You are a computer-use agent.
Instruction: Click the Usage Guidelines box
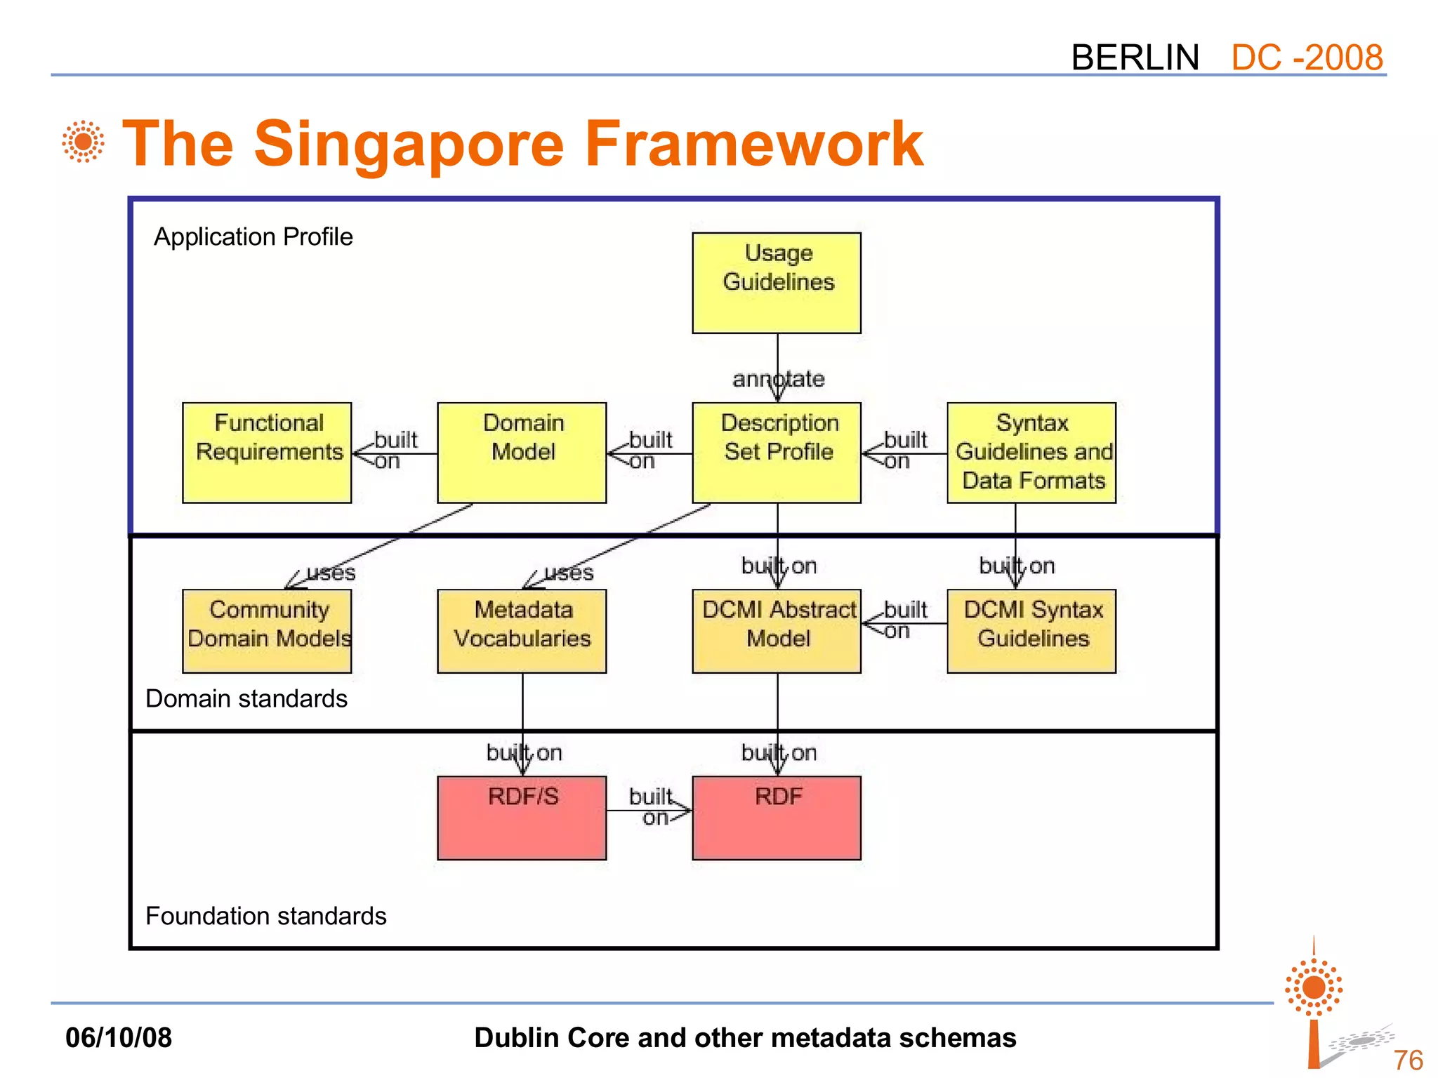(x=777, y=283)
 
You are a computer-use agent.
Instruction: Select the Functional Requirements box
(x=267, y=453)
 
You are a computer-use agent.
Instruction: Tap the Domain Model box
(x=522, y=453)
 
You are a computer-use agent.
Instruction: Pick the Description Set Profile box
(x=777, y=453)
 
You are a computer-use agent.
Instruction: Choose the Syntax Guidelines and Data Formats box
(x=1031, y=453)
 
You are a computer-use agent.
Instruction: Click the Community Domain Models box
(x=267, y=631)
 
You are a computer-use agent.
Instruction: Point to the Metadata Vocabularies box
(x=522, y=631)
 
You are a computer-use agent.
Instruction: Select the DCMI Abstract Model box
(x=777, y=631)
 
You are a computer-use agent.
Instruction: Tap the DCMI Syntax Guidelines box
(x=1031, y=631)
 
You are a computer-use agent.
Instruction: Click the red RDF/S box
(x=522, y=818)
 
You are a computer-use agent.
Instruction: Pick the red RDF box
(x=777, y=818)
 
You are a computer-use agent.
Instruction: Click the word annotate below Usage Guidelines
(x=778, y=379)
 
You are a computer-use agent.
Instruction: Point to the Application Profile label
(x=253, y=237)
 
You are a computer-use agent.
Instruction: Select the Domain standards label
(x=246, y=699)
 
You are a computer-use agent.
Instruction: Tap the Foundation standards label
(x=266, y=917)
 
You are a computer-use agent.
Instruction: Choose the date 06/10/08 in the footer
(x=119, y=1037)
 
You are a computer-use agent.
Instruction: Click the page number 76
(x=1408, y=1060)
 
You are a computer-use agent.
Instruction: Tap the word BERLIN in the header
(x=1135, y=58)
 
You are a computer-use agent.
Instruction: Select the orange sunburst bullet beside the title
(x=84, y=142)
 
